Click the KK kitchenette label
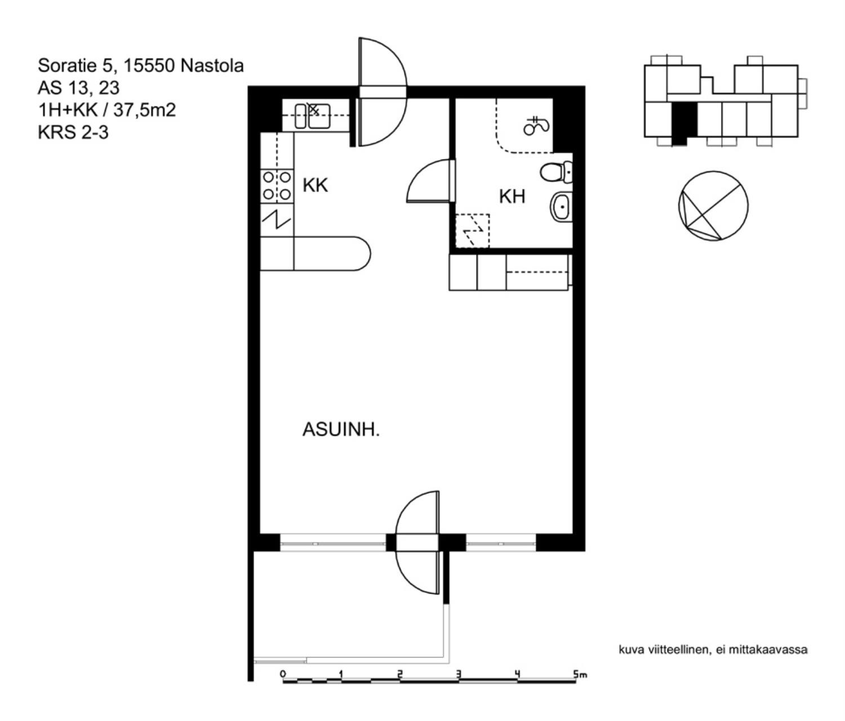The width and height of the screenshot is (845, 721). click(315, 185)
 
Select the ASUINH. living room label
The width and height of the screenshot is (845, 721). click(341, 430)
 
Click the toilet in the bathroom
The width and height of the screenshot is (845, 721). click(556, 172)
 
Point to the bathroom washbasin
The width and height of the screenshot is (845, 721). click(561, 207)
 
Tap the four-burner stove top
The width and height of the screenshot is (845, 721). click(277, 186)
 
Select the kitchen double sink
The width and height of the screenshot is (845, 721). click(313, 116)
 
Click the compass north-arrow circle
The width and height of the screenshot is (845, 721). click(713, 206)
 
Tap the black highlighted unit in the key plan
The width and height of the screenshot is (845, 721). click(684, 123)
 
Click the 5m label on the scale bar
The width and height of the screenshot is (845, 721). click(580, 674)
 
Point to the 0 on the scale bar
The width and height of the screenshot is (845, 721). click(283, 674)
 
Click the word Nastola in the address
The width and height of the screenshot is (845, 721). click(212, 65)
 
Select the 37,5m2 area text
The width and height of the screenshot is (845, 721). click(144, 110)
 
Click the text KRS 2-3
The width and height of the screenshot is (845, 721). click(73, 132)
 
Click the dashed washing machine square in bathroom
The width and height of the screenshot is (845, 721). click(473, 231)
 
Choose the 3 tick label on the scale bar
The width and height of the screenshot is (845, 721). click(459, 674)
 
